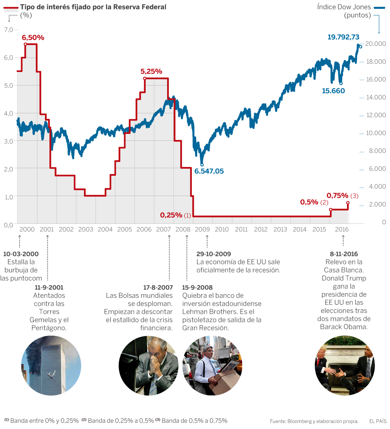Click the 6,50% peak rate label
click(x=33, y=38)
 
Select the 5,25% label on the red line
click(x=151, y=72)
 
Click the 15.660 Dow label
click(x=333, y=91)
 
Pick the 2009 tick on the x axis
click(x=202, y=229)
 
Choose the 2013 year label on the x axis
click(x=280, y=229)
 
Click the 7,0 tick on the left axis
click(x=8, y=30)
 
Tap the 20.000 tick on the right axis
click(x=375, y=43)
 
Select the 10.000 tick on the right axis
click(x=375, y=133)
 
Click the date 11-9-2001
click(x=49, y=287)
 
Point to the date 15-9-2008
click(x=197, y=287)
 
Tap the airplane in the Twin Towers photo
click(x=51, y=374)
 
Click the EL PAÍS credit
click(x=377, y=421)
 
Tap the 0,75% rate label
click(x=337, y=196)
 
